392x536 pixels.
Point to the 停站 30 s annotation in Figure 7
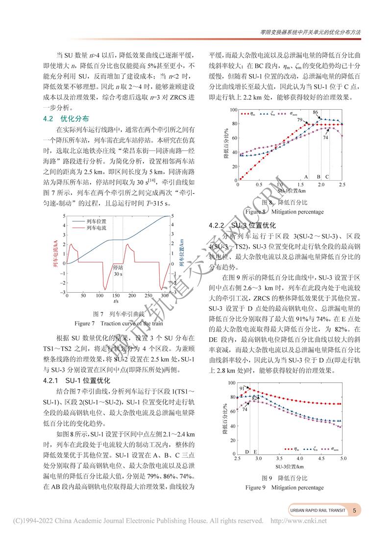coord(118,271)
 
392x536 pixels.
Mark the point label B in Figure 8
coord(318,176)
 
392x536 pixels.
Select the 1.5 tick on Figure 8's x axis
coord(300,185)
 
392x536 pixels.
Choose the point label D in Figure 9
coord(247,452)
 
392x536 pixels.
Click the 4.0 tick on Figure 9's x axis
coord(300,459)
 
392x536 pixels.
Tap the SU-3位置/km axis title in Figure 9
coord(290,466)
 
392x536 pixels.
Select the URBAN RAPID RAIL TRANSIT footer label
coord(317,510)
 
